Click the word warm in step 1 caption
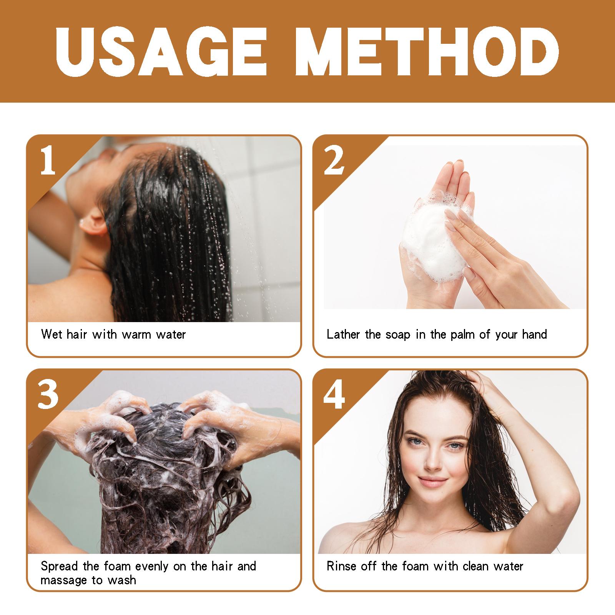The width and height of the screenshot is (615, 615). pyautogui.click(x=137, y=334)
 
